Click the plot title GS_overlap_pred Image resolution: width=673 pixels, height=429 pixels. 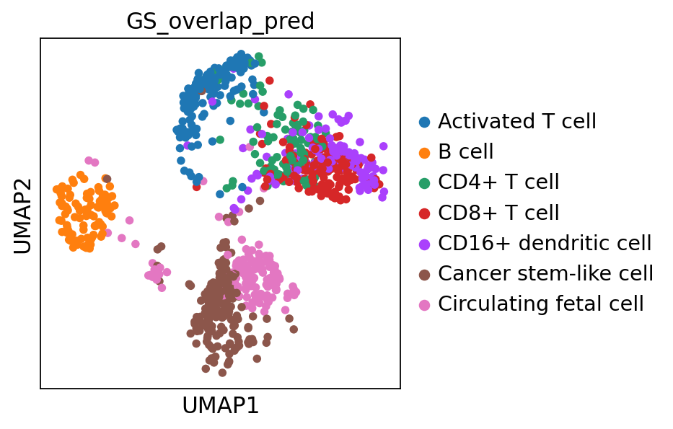click(220, 21)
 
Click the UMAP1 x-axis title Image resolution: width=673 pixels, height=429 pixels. click(220, 406)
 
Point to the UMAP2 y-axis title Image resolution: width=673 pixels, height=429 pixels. click(22, 213)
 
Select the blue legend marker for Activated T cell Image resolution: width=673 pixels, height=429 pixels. click(425, 122)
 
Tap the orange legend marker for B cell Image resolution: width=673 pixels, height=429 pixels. click(425, 152)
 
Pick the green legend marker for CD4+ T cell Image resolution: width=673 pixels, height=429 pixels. click(425, 182)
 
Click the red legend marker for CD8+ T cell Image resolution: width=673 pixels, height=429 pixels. click(425, 213)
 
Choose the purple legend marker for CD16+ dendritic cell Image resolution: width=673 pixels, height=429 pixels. click(425, 244)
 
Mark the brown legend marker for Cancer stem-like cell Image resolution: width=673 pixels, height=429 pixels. click(425, 274)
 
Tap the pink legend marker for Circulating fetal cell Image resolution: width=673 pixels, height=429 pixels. click(425, 304)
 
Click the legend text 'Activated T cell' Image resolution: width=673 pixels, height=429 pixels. click(517, 122)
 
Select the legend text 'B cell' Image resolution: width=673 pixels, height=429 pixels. click(466, 152)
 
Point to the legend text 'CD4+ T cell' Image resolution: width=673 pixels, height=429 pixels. click(498, 182)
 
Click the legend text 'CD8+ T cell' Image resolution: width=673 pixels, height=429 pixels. click(498, 213)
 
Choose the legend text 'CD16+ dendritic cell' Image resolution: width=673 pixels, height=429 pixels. click(545, 244)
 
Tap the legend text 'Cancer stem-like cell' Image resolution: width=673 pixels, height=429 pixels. click(545, 274)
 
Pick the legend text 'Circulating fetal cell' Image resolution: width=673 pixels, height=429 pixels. click(541, 304)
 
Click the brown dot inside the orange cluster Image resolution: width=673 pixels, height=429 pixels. click(107, 179)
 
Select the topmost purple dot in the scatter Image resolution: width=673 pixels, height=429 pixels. click(289, 94)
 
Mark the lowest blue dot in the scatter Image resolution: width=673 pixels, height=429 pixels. click(220, 194)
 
